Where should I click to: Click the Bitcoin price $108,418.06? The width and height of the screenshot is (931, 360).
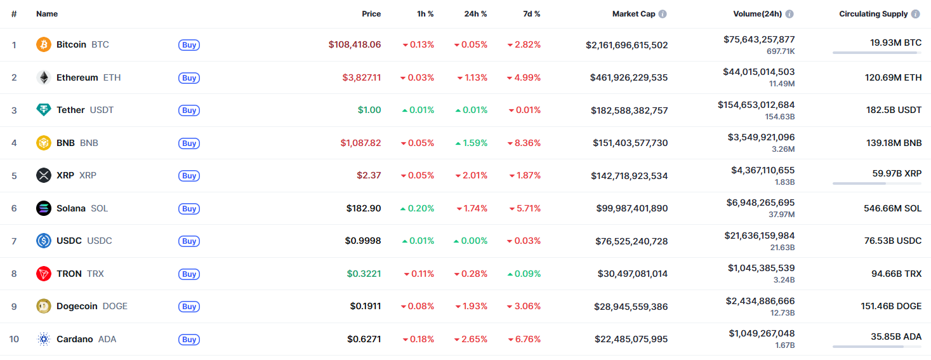(x=354, y=44)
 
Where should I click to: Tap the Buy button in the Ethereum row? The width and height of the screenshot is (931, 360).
(x=188, y=77)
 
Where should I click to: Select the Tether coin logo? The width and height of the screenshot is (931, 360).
(x=43, y=110)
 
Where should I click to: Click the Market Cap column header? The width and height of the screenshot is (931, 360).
(x=633, y=14)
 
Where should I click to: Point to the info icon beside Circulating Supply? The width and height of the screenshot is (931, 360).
(x=915, y=14)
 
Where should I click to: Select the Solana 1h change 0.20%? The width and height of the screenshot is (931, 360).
(x=417, y=208)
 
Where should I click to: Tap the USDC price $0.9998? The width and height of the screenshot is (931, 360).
(x=364, y=241)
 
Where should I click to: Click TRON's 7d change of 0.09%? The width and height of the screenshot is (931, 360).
(x=524, y=274)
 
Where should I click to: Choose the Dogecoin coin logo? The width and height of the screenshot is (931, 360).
(x=43, y=306)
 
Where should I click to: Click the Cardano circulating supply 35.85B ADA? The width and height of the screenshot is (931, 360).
(x=895, y=337)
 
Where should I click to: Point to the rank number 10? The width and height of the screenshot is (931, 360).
(x=14, y=339)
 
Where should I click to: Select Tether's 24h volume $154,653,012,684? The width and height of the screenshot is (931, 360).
(x=756, y=105)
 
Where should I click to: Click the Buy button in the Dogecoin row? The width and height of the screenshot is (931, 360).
(x=188, y=306)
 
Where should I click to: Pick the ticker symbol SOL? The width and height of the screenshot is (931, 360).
(x=99, y=208)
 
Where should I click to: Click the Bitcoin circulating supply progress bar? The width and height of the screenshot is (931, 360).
(x=876, y=53)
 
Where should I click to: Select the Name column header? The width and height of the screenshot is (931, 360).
(x=46, y=14)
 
